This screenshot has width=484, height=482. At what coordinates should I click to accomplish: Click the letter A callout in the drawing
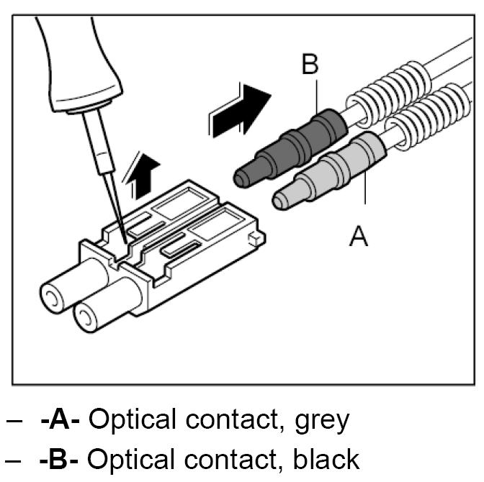[x=358, y=235]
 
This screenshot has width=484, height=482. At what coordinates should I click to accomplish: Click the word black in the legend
[x=322, y=458]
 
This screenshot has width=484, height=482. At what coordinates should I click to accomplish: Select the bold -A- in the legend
[x=63, y=419]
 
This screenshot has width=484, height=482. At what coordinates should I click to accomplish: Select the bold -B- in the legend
[x=63, y=458]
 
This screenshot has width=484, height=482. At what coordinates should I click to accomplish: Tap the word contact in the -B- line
[x=230, y=458]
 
